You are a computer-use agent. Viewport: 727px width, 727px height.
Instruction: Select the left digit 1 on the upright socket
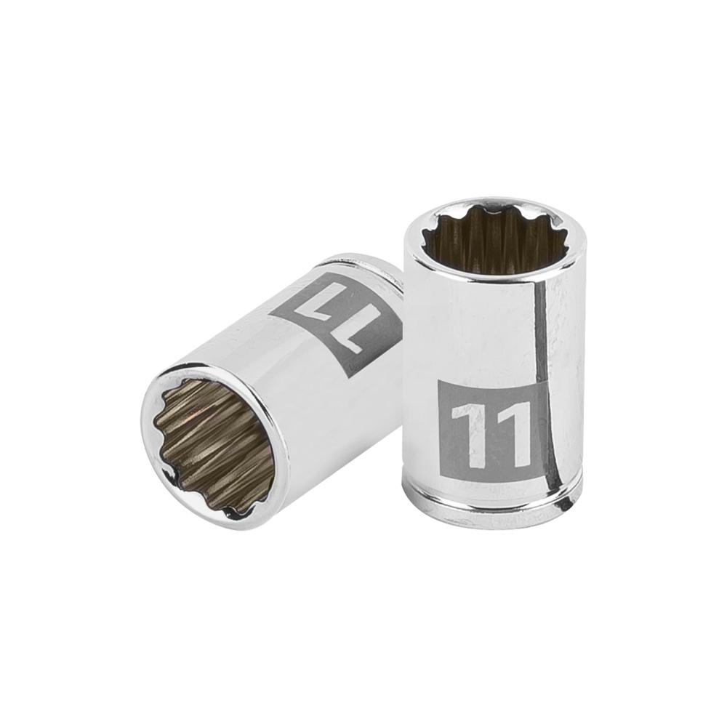click(x=465, y=435)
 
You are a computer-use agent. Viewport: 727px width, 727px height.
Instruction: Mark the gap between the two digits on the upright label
click(x=489, y=435)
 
